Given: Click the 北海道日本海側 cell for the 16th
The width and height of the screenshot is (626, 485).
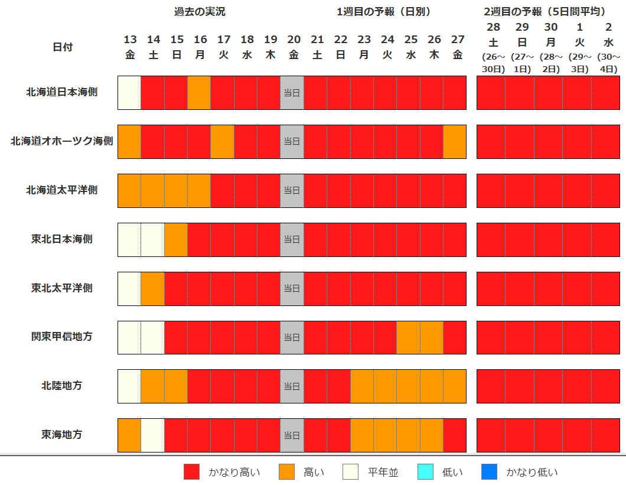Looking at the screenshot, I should pyautogui.click(x=200, y=93).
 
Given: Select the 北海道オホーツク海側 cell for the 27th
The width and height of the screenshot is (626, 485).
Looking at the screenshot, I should pyautogui.click(x=455, y=142).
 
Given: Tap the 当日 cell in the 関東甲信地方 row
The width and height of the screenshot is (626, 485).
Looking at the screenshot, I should pyautogui.click(x=292, y=337).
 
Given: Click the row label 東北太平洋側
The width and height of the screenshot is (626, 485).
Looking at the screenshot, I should pyautogui.click(x=62, y=288).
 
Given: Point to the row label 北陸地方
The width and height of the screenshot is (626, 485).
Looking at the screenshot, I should pyautogui.click(x=62, y=386).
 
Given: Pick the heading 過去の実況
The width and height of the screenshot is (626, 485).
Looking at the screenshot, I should pyautogui.click(x=200, y=12).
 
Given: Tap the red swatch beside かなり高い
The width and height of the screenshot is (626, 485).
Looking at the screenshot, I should pyautogui.click(x=192, y=472).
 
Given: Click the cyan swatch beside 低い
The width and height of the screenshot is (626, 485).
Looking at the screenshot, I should pyautogui.click(x=425, y=472).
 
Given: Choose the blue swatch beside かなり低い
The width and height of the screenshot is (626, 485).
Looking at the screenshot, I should pyautogui.click(x=489, y=472).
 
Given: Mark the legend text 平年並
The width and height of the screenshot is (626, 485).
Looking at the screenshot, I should pyautogui.click(x=383, y=472).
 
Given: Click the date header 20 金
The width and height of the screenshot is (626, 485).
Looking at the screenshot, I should pyautogui.click(x=294, y=47).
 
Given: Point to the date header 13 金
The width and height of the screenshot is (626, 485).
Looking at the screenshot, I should pyautogui.click(x=130, y=47).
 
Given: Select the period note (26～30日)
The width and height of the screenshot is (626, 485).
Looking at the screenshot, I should pyautogui.click(x=493, y=63).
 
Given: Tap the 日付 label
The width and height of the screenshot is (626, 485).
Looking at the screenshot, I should pyautogui.click(x=62, y=47).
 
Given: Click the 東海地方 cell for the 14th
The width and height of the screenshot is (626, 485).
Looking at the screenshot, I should pyautogui.click(x=153, y=435).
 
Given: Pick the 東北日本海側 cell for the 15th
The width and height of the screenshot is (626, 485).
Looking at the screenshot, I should pyautogui.click(x=176, y=239).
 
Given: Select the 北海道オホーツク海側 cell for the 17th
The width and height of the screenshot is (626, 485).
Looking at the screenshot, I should pyautogui.click(x=223, y=142).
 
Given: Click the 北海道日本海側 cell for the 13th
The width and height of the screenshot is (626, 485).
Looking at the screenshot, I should pyautogui.click(x=130, y=93).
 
